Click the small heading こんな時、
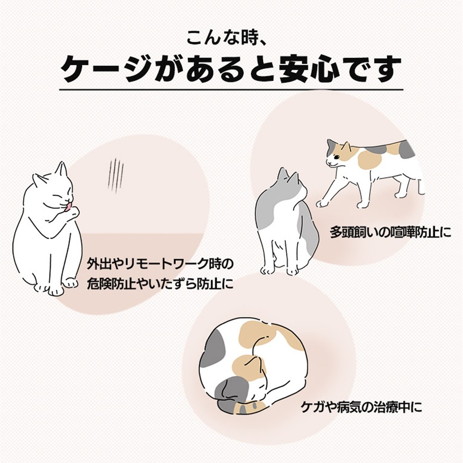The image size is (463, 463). click(x=231, y=37)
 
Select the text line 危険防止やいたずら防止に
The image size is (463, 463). click(x=160, y=284)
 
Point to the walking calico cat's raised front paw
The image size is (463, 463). click(x=321, y=203)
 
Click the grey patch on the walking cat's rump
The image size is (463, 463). click(x=407, y=149)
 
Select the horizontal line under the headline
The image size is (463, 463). click(x=231, y=89)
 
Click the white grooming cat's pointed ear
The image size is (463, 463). click(x=61, y=169)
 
